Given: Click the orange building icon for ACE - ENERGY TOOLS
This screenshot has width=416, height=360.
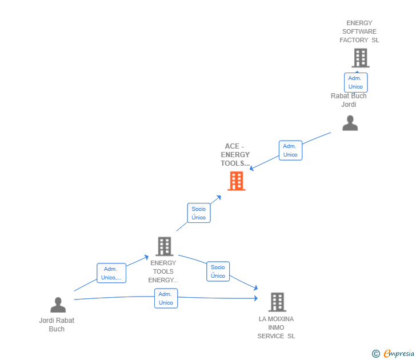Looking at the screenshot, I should [x=237, y=181].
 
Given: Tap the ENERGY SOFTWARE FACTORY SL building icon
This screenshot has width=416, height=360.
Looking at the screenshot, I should [x=360, y=58].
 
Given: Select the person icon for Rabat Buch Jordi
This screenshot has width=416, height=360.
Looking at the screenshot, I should [x=350, y=123].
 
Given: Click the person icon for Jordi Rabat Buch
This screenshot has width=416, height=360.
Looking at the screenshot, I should [x=58, y=305].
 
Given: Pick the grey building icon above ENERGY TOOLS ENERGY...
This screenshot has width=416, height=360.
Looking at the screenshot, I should [x=165, y=246].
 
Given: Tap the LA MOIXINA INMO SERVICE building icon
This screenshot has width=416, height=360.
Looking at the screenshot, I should [x=277, y=302].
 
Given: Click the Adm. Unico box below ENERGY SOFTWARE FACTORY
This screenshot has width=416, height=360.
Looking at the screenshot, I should [x=355, y=82].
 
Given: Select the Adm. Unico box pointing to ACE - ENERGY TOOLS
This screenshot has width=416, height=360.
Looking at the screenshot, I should [x=290, y=150].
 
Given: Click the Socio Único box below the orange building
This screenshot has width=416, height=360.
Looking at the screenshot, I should [x=199, y=213].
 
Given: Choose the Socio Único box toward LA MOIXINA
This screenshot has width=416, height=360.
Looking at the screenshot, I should [x=218, y=271].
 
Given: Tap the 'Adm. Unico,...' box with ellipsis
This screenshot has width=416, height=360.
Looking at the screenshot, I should [x=111, y=273].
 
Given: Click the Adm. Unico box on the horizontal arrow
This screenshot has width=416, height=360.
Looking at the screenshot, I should [x=166, y=298].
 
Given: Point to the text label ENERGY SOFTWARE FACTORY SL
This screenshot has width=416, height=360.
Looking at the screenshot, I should [x=359, y=31].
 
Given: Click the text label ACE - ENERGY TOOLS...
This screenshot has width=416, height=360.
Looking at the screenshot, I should [x=235, y=155].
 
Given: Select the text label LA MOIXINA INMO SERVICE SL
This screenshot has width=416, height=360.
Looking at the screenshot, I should [x=276, y=327].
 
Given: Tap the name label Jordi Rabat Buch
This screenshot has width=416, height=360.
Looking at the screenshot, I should [x=57, y=325].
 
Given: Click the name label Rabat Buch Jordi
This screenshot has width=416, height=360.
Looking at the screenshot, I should [x=349, y=100].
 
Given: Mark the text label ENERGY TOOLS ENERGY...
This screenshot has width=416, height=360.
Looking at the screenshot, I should [x=163, y=271].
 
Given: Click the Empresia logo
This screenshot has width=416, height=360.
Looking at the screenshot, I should [x=398, y=353].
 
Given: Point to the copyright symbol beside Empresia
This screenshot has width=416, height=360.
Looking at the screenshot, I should [x=376, y=354].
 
